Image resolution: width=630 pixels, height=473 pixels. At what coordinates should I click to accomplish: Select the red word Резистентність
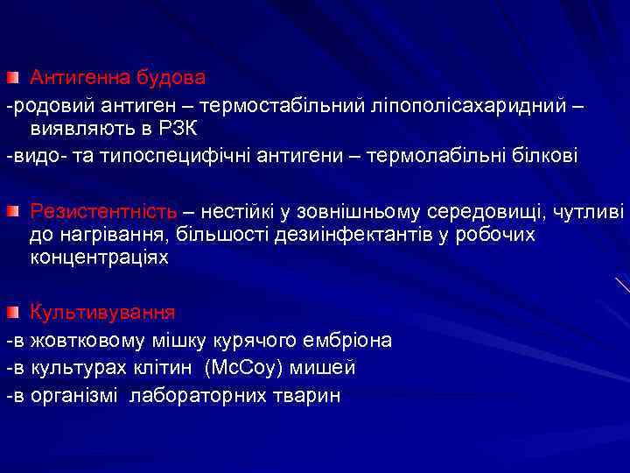(x=103, y=211)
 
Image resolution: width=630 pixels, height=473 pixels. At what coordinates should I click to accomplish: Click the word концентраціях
(x=99, y=259)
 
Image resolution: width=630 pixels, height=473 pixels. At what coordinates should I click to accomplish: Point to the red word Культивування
(x=102, y=312)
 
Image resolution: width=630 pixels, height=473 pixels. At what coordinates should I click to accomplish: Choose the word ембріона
(x=346, y=340)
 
